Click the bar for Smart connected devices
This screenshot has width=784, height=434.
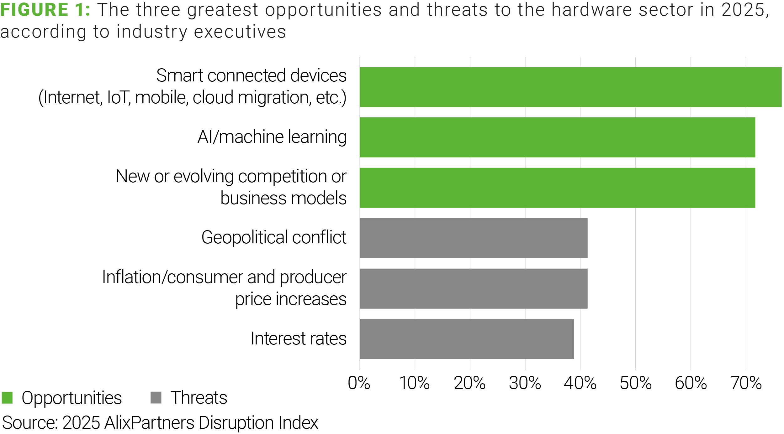570,87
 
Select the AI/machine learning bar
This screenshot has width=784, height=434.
557,137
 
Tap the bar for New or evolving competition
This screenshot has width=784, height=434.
557,188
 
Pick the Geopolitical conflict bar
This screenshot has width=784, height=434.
474,238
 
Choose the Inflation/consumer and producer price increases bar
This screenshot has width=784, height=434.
474,288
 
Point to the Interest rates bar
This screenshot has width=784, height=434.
467,339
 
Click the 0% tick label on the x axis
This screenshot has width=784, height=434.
359,383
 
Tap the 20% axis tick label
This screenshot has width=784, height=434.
469,383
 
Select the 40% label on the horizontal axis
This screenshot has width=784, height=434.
580,383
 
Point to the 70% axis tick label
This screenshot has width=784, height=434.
746,383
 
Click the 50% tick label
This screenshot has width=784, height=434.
636,383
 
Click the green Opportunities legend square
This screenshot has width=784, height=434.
7,398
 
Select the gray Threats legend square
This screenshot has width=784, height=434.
156,398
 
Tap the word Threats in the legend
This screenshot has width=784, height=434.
199,398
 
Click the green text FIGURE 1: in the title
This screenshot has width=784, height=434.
45,10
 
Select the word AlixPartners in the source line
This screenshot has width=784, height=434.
149,422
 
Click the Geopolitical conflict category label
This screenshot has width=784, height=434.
274,237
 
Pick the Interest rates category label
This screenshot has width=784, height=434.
299,338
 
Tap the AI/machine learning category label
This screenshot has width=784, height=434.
272,137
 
